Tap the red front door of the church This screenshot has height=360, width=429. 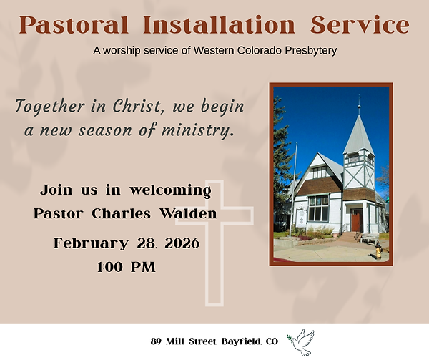[x=355, y=220]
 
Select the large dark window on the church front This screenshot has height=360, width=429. [x=317, y=208]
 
